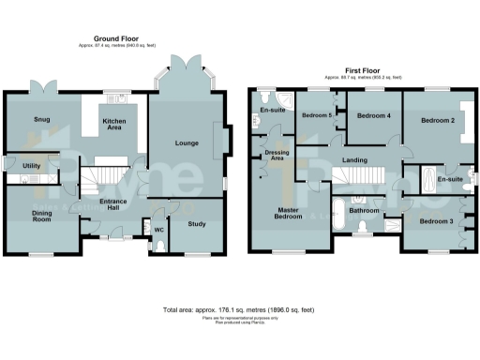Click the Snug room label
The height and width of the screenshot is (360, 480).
42,119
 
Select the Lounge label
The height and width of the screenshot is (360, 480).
184,142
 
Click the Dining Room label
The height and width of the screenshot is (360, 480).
37,217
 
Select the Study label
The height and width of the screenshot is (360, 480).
196,224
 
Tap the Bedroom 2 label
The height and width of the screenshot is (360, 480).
437,121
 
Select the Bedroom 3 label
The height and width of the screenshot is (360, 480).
435,221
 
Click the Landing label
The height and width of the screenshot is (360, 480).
354,160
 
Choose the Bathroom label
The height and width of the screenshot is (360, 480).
363,211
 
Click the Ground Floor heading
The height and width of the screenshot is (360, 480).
111,38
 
